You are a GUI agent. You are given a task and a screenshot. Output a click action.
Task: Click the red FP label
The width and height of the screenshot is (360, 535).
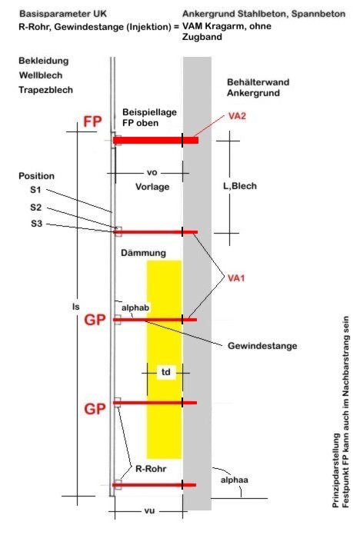(x=92, y=121)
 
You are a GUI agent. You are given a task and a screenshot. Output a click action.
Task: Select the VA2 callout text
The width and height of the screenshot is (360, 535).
(x=237, y=116)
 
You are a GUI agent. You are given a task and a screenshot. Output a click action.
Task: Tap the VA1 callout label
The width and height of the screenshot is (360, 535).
(x=236, y=278)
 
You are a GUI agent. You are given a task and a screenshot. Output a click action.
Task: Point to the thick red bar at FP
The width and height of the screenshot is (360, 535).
(x=155, y=140)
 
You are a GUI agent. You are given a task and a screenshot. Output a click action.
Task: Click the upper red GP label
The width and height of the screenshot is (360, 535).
(x=95, y=320)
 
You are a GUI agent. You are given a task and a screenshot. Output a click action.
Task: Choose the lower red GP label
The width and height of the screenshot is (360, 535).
(x=95, y=408)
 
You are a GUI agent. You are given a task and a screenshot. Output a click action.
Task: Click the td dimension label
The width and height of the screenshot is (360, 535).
(x=165, y=371)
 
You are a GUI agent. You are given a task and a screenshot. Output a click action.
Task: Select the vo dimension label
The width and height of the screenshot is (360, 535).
(x=152, y=173)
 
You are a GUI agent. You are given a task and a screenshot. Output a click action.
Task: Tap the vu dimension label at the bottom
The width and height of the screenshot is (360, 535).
(x=149, y=510)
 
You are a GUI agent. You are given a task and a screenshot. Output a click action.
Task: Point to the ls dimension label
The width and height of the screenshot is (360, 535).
(x=75, y=307)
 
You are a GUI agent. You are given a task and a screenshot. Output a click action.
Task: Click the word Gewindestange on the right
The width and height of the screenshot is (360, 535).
(x=262, y=346)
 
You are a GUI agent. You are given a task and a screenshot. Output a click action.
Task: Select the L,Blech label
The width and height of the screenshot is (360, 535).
(x=240, y=186)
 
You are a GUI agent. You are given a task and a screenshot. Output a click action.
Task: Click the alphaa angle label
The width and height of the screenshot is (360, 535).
(x=235, y=480)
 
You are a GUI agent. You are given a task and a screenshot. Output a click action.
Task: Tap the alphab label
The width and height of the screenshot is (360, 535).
(x=135, y=307)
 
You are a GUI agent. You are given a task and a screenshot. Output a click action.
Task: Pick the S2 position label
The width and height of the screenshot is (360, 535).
(x=36, y=208)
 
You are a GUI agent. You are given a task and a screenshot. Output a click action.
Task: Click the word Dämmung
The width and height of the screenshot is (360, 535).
(x=143, y=253)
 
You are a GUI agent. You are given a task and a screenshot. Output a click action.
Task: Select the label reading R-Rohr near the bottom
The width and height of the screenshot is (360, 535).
(x=151, y=469)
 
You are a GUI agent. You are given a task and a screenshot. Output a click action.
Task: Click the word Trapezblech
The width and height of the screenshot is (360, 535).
(x=45, y=90)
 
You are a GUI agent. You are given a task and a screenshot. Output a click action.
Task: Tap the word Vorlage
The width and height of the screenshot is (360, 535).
(x=152, y=187)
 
